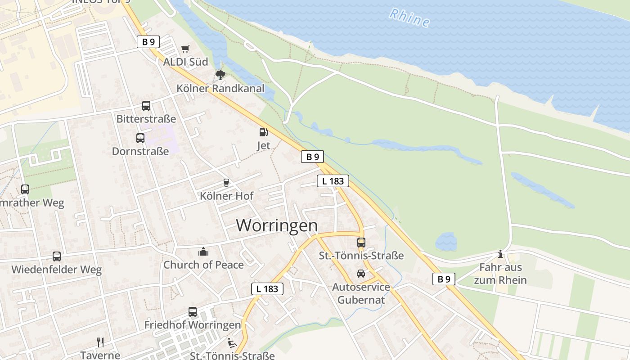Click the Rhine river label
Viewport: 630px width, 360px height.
pyautogui.click(x=409, y=18)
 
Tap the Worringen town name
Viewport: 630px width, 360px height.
pyautogui.click(x=277, y=225)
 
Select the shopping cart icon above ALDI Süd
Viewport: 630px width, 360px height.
pyautogui.click(x=185, y=49)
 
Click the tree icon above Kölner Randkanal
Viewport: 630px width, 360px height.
pyautogui.click(x=220, y=75)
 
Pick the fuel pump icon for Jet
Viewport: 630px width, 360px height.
pyautogui.click(x=263, y=132)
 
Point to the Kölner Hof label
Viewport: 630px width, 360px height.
pyautogui.click(x=226, y=196)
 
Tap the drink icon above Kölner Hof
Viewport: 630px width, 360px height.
pyautogui.click(x=226, y=183)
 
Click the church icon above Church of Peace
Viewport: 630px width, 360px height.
pyautogui.click(x=203, y=252)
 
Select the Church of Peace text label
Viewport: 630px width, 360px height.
pyautogui.click(x=203, y=265)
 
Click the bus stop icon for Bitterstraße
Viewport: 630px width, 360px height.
pyautogui.click(x=146, y=106)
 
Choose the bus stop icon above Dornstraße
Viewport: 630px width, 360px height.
pyautogui.click(x=140, y=138)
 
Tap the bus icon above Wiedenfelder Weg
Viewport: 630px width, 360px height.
pyautogui.click(x=57, y=256)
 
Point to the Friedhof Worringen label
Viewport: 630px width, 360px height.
pyautogui.click(x=193, y=324)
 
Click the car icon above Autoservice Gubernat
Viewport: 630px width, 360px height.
pyautogui.click(x=361, y=274)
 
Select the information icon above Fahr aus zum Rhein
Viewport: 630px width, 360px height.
pyautogui.click(x=500, y=255)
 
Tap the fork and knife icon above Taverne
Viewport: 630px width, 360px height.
pyautogui.click(x=100, y=342)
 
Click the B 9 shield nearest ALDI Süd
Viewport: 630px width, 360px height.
pyautogui.click(x=148, y=42)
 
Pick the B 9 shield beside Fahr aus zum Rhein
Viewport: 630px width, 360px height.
pyautogui.click(x=444, y=279)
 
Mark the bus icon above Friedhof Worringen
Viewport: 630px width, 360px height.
pyautogui.click(x=193, y=311)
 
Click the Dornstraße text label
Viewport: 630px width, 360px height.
pyautogui.click(x=140, y=151)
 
